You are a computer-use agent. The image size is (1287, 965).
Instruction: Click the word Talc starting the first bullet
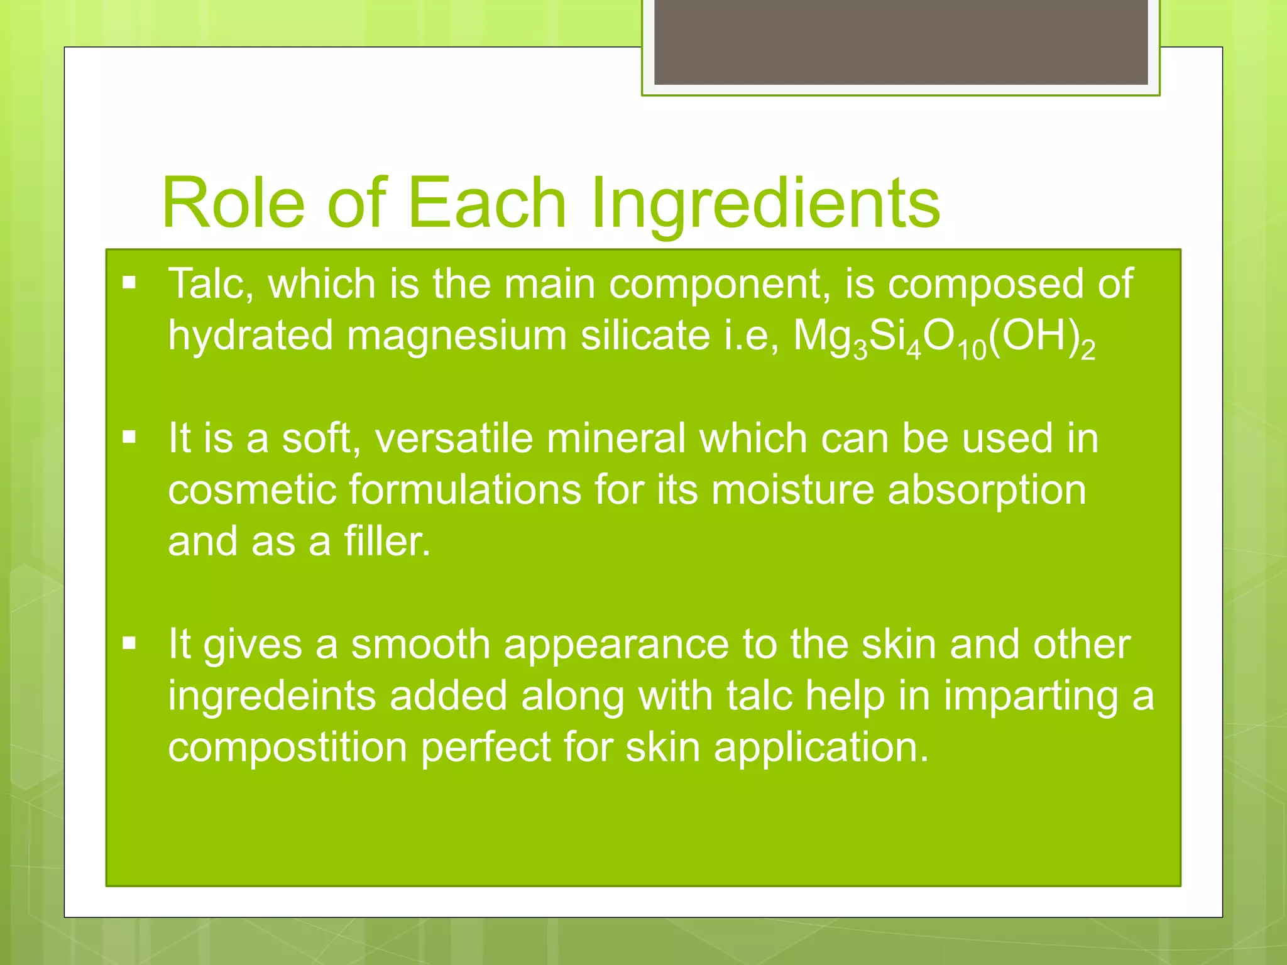211,284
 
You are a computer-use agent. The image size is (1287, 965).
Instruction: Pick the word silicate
645,335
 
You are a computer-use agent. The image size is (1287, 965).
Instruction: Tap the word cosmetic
252,490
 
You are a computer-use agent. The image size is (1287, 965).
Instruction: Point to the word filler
387,542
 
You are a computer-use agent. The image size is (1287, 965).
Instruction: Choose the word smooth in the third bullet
420,645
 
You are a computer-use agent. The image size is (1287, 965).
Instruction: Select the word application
821,749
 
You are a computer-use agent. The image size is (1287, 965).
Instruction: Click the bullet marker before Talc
129,283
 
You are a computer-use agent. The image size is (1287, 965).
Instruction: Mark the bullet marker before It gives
129,643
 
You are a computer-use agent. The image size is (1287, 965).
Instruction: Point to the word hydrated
250,335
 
